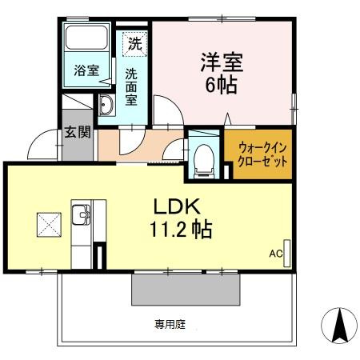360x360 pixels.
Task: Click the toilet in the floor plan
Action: pyautogui.click(x=204, y=161)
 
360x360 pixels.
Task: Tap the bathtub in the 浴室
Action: pyautogui.click(x=86, y=38)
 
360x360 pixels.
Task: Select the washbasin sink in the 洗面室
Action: pyautogui.click(x=106, y=105)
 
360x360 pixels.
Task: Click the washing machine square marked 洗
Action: pyautogui.click(x=135, y=44)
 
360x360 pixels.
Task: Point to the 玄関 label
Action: pyautogui.click(x=78, y=132)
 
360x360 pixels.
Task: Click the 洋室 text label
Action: pyautogui.click(x=222, y=62)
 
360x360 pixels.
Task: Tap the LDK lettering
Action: pyautogui.click(x=177, y=206)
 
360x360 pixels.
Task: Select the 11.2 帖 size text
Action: pyautogui.click(x=181, y=229)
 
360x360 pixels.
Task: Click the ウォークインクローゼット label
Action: pyautogui.click(x=262, y=154)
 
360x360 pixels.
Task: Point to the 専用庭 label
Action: pyautogui.click(x=170, y=324)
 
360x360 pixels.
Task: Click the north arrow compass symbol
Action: pyautogui.click(x=339, y=326)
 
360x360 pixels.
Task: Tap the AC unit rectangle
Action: pyautogui.click(x=287, y=254)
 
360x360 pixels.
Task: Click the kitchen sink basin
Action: pyautogui.click(x=81, y=214)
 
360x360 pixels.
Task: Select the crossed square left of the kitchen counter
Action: pyautogui.click(x=49, y=225)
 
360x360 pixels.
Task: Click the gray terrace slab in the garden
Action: pyautogui.click(x=186, y=290)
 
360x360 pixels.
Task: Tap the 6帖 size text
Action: pyautogui.click(x=221, y=85)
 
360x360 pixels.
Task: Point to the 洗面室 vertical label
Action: pyautogui.click(x=131, y=87)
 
